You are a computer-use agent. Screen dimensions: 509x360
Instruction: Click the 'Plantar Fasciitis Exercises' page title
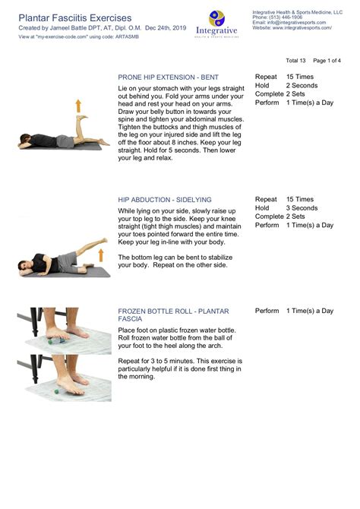tap(74, 17)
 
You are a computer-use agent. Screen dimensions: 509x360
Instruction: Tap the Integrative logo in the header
tap(217, 22)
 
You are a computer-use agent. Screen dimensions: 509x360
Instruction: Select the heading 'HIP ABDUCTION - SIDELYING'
tap(166, 199)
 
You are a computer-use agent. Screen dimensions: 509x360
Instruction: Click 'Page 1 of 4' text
tap(327, 60)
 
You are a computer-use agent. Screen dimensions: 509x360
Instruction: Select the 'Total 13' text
tap(295, 60)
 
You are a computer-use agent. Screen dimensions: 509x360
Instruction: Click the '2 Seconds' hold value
tap(302, 86)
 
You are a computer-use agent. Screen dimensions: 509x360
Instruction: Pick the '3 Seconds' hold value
tap(302, 207)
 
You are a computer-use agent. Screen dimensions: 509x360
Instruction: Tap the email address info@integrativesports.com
tap(292, 22)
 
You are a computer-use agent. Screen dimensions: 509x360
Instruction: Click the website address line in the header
tap(292, 27)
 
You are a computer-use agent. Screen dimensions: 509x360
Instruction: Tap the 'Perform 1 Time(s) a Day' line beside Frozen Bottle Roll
tap(294, 311)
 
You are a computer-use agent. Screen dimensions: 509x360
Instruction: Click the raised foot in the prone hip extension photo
tap(81, 118)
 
